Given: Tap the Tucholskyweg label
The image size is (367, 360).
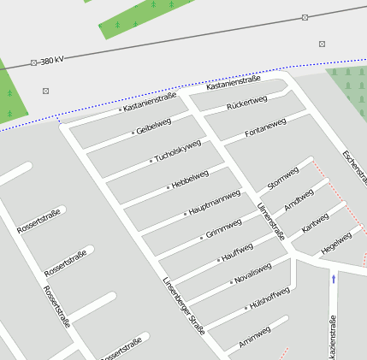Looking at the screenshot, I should [177, 150].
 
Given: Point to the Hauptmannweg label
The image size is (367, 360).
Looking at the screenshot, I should [214, 204].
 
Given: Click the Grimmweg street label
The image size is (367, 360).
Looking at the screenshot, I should [224, 229].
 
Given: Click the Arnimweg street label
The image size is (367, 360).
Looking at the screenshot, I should [255, 336].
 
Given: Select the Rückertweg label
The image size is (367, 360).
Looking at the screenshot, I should [247, 104].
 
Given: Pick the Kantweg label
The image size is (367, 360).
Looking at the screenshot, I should [315, 224].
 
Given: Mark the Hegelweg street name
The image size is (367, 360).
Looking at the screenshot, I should [335, 243].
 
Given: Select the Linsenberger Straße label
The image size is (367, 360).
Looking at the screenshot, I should [183, 304].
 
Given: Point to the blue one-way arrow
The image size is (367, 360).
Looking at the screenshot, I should [334, 278].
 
